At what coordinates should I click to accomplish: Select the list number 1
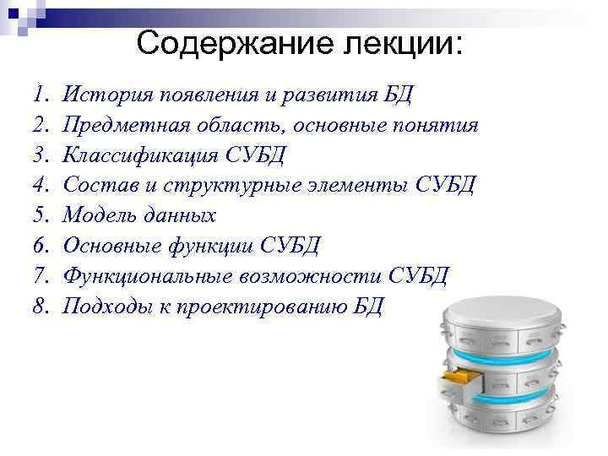pyautogui.click(x=41, y=95)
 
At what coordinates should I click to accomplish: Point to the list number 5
pyautogui.click(x=41, y=215)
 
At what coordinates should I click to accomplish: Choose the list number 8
pyautogui.click(x=41, y=307)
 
